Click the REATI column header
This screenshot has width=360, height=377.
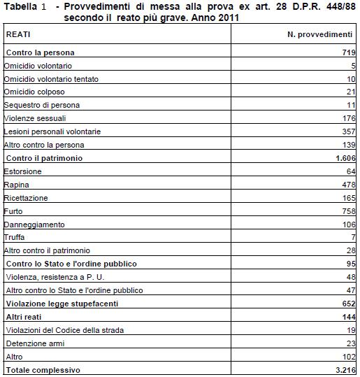(x=18, y=34)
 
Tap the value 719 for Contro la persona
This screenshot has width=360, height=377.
(x=349, y=52)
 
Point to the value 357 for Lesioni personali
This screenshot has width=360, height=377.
(x=349, y=132)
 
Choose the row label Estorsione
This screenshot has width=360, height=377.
(x=22, y=171)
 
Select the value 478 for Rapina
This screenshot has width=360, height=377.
(x=349, y=185)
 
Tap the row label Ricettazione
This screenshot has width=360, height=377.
(x=26, y=198)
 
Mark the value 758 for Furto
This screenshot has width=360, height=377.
(x=349, y=211)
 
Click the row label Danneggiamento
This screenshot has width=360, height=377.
(x=34, y=225)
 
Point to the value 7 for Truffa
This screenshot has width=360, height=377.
(x=354, y=238)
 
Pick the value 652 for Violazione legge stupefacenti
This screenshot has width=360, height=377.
(x=349, y=304)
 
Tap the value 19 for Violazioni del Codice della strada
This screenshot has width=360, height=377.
(x=351, y=330)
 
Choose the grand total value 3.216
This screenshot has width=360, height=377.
(x=344, y=370)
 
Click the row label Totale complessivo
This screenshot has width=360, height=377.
(x=43, y=370)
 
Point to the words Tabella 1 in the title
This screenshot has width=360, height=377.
(x=24, y=7)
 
